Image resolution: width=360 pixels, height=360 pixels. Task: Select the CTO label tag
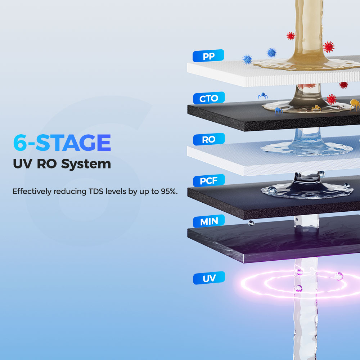208,98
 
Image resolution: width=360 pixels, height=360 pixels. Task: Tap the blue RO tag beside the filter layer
208,140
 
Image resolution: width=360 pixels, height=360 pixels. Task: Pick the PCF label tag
208,180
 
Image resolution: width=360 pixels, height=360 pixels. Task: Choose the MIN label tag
208,221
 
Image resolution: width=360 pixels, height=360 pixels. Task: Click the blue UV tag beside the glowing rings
209,278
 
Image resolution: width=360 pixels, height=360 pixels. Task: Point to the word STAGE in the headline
73,143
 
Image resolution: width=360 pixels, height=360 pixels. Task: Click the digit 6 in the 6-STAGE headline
19,143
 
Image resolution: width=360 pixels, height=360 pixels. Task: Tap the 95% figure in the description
168,191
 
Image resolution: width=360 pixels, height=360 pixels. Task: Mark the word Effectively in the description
32,191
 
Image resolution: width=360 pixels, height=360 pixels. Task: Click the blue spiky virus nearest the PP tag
247,59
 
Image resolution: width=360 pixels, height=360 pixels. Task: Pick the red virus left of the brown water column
291,36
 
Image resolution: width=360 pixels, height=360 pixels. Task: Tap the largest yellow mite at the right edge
355,105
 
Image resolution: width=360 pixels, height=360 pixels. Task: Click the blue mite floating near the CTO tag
262,96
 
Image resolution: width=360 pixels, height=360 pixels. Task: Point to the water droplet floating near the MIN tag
251,224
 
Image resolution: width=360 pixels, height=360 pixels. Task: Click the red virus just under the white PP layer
344,85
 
